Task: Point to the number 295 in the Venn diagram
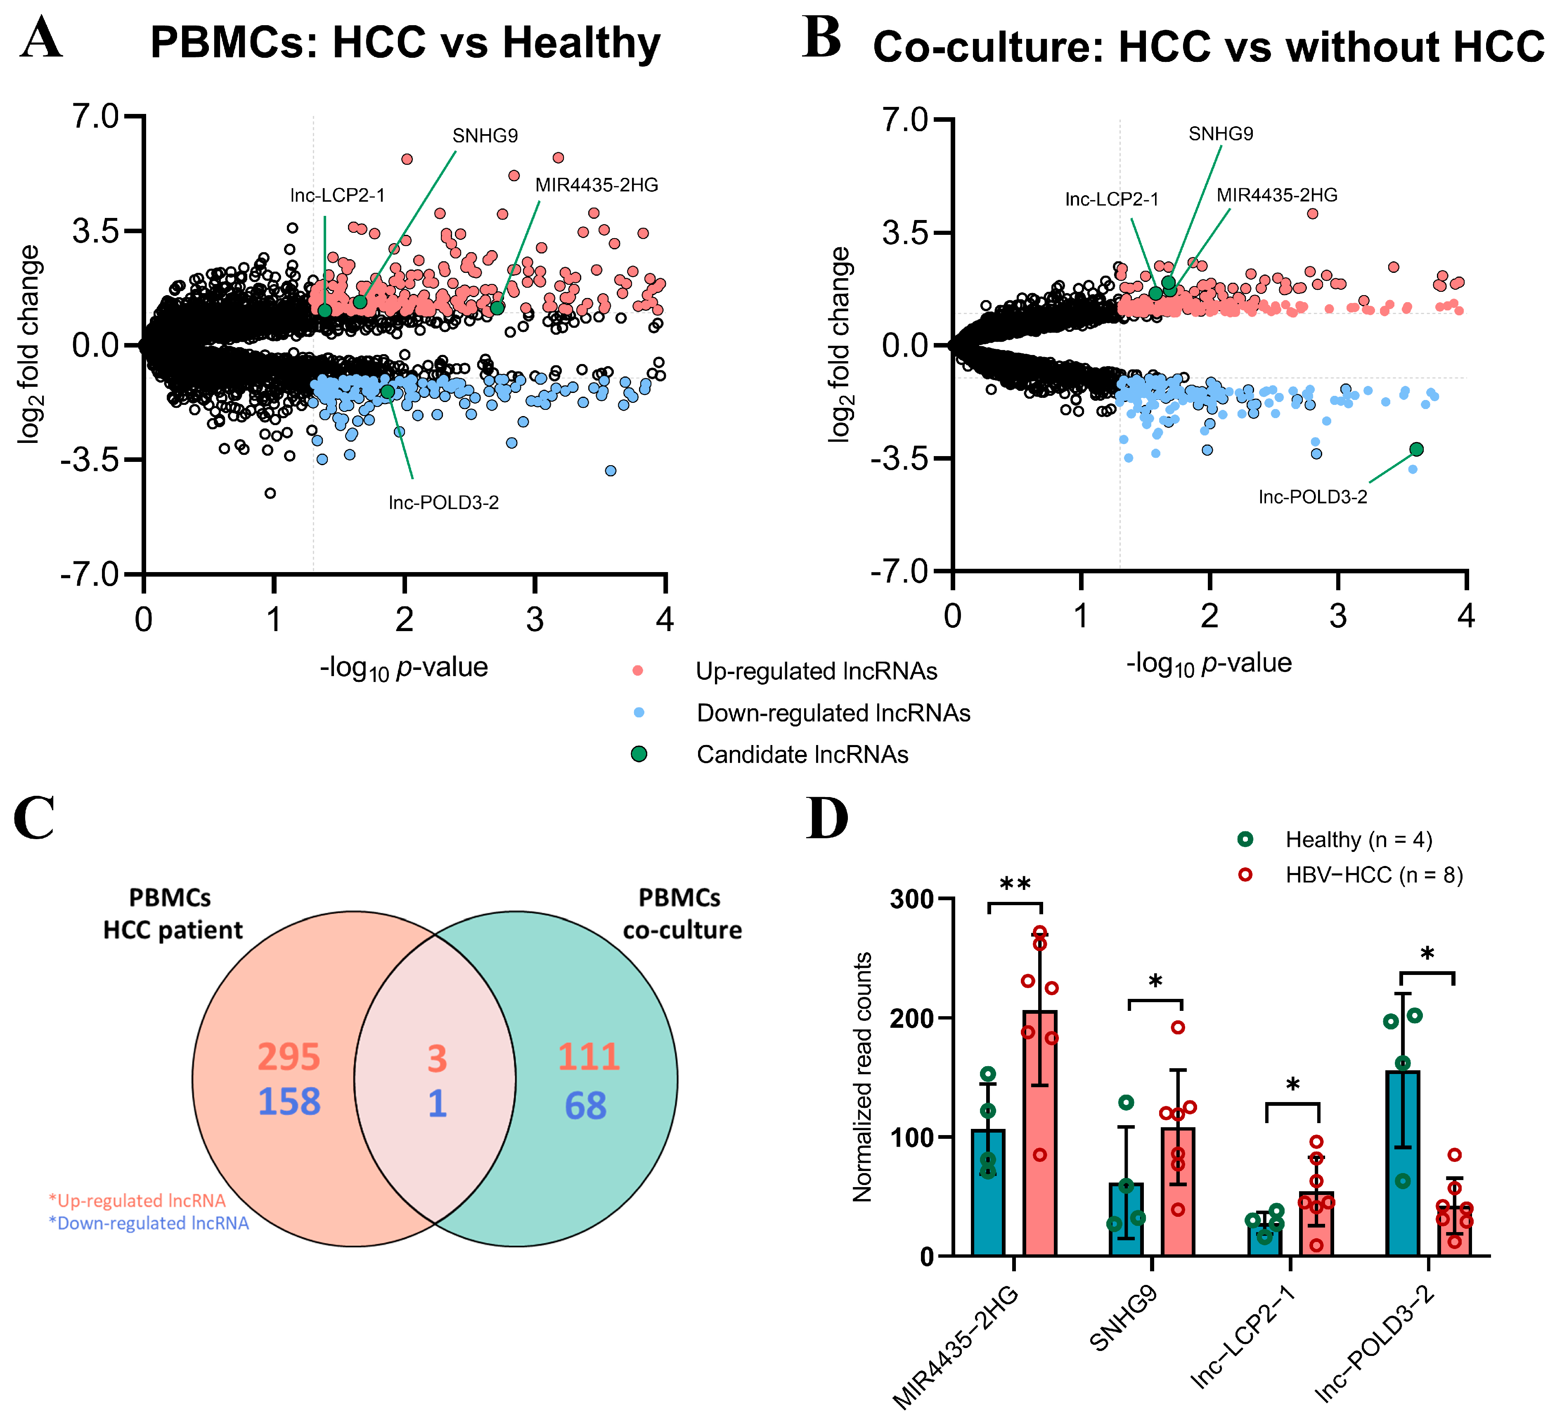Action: point(289,1057)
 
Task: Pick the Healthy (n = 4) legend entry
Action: point(1358,839)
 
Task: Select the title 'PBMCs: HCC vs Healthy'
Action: point(405,43)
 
